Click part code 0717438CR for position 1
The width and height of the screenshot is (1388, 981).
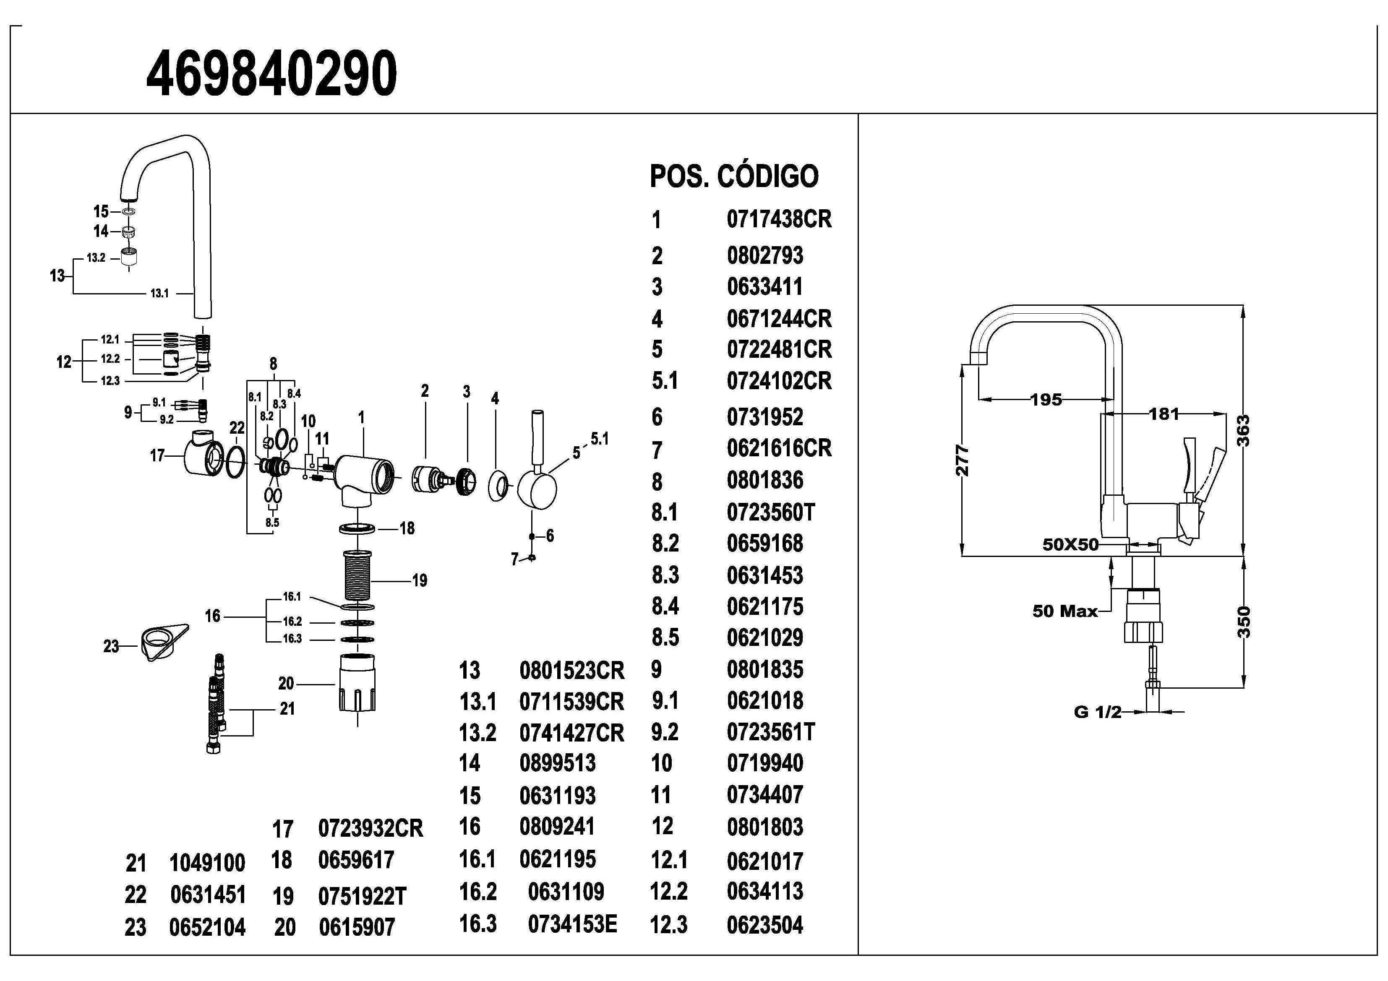[x=779, y=219]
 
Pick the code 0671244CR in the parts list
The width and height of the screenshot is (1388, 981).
[x=779, y=318]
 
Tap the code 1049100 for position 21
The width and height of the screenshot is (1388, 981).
[x=207, y=863]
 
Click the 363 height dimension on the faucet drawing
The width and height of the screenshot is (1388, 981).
[x=1244, y=430]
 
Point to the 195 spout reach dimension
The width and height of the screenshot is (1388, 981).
[x=1046, y=400]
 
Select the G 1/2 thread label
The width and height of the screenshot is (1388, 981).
[x=1097, y=712]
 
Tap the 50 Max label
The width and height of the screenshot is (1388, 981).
[x=1065, y=611]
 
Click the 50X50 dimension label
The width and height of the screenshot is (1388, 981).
[x=1070, y=544]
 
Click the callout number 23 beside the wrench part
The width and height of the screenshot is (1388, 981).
[x=111, y=646]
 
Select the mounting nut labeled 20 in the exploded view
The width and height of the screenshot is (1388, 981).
[x=357, y=683]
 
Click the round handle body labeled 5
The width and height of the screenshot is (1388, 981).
[x=536, y=488]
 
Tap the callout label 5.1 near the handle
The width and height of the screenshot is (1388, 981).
[x=599, y=439]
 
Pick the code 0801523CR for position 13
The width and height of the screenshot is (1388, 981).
[x=571, y=670]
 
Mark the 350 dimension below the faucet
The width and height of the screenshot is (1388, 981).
[x=1244, y=622]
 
